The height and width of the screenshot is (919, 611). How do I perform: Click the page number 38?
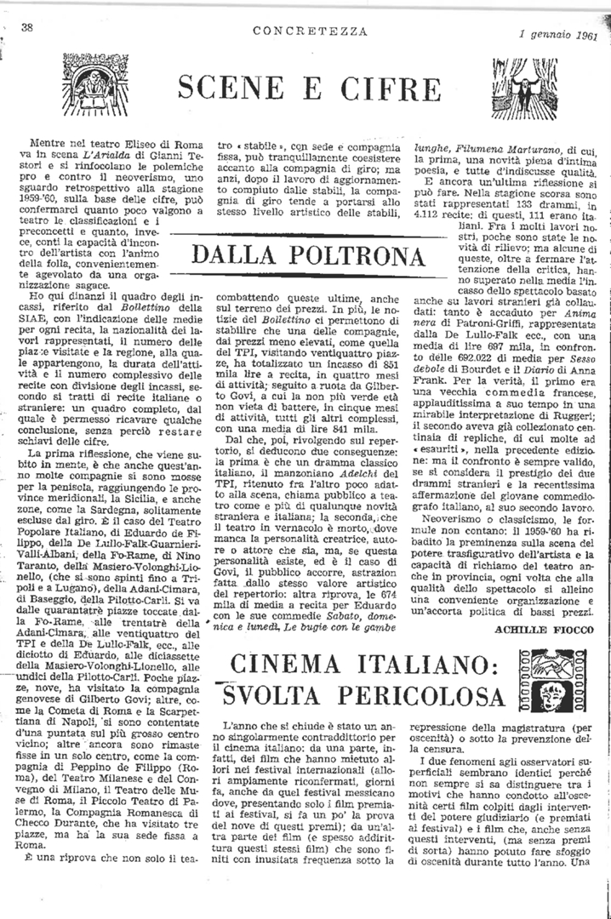(x=26, y=27)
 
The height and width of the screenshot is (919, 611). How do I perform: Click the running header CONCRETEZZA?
(x=310, y=31)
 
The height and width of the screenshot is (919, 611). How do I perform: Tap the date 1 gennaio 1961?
(x=558, y=36)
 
